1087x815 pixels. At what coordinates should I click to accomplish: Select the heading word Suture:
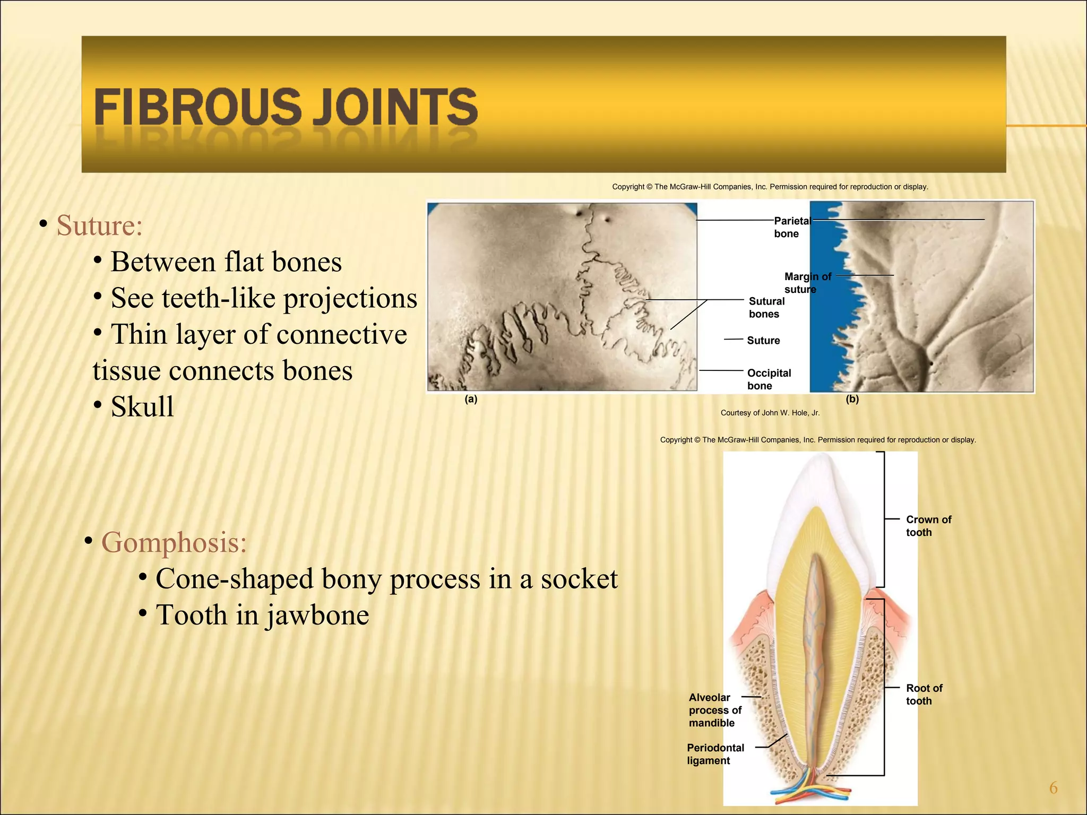pos(100,226)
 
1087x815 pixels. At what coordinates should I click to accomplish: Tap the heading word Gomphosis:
pos(174,542)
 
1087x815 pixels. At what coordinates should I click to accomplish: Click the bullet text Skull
pos(142,407)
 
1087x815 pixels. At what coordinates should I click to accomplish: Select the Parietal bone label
pos(791,227)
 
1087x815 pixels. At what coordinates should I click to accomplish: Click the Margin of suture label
pos(807,282)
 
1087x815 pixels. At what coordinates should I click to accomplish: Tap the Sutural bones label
pos(766,307)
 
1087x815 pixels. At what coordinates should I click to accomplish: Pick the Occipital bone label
pos(769,379)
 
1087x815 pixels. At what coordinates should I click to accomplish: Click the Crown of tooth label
pos(928,525)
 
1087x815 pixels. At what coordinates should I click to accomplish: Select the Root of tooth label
pos(924,694)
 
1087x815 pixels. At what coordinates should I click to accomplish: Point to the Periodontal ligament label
pos(715,753)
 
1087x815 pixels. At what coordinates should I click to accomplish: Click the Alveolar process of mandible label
pos(714,710)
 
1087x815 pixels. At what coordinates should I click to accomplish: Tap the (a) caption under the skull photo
pos(471,400)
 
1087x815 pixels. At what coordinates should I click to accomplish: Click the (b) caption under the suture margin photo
pos(852,399)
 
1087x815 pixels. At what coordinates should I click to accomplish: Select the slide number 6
pos(1053,788)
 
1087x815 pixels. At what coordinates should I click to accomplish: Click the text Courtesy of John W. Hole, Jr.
pos(770,413)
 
